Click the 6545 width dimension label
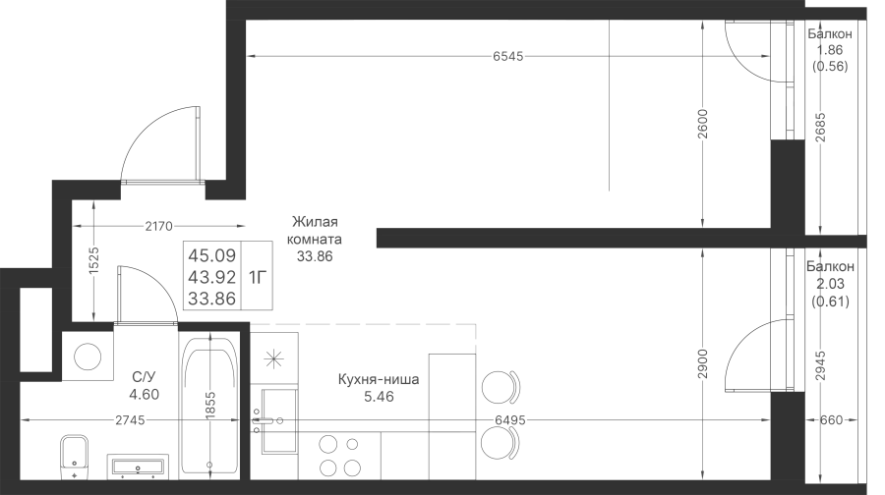coord(508,56)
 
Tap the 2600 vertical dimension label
coord(702,124)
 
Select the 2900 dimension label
coord(702,363)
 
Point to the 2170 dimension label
coord(158,226)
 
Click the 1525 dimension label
coord(93,260)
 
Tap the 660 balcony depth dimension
coord(831,420)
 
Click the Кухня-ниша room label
coord(379,379)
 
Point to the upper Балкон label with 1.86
coord(830,33)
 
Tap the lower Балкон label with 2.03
coord(830,266)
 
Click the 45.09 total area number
coord(211,256)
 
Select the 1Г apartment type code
coord(257,277)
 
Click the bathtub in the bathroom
coord(209,405)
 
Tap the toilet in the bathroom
coord(75,457)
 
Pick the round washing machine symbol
coord(88,357)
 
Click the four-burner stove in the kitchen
coord(339,456)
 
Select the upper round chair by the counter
coord(501,387)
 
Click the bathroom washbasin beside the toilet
coord(138,467)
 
